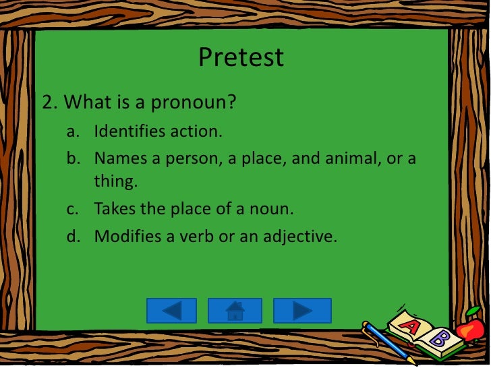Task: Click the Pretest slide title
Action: point(241,57)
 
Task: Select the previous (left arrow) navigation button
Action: point(171,311)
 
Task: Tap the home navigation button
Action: point(235,311)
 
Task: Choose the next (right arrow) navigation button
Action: point(302,311)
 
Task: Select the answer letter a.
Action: point(71,131)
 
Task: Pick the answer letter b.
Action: point(71,159)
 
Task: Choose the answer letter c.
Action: point(71,209)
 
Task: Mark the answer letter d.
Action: point(71,237)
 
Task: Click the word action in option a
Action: point(197,131)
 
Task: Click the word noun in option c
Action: point(272,209)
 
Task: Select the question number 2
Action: point(49,103)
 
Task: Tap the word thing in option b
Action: point(114,181)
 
